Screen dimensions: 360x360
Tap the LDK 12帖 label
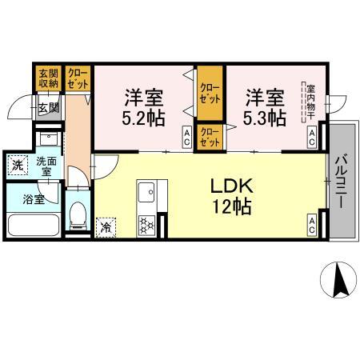pos(231,196)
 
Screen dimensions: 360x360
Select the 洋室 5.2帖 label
pos(144,108)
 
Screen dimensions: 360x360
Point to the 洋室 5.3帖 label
pos(266,108)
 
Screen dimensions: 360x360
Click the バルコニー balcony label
pos(340,182)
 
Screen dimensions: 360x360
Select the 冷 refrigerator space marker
pos(105,226)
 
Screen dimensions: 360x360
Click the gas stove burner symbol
pos(146,225)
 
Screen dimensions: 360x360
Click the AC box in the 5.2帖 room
pos(187,136)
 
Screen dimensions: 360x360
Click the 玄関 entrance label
pos(46,106)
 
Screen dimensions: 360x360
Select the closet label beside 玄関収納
pos(78,78)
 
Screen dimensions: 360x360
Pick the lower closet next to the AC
pos(210,136)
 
